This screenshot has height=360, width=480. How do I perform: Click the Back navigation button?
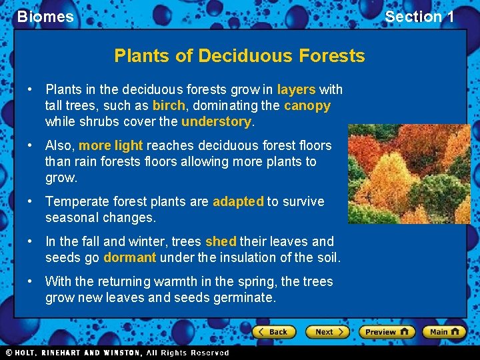(x=274, y=331)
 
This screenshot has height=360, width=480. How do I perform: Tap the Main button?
(x=444, y=331)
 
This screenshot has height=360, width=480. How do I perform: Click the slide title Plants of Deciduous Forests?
(x=239, y=55)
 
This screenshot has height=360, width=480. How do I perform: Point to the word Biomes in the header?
(x=45, y=17)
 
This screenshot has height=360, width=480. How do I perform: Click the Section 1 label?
(x=419, y=17)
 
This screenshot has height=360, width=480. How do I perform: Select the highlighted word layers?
(x=296, y=89)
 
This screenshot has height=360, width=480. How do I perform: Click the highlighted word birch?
(x=169, y=105)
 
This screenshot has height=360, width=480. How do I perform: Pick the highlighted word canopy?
(x=307, y=105)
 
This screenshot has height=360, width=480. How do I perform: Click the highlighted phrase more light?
(x=111, y=145)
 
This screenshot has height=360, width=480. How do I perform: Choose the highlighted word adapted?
(x=238, y=201)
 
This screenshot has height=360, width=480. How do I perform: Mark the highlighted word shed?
(x=221, y=241)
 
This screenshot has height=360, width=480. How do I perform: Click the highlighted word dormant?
(x=129, y=257)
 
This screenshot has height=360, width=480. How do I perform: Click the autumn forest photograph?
(x=408, y=173)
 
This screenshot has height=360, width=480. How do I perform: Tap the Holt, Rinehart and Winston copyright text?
(x=117, y=353)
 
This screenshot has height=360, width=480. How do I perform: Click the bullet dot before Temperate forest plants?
(x=31, y=201)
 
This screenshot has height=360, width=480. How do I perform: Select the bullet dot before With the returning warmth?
(x=31, y=281)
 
